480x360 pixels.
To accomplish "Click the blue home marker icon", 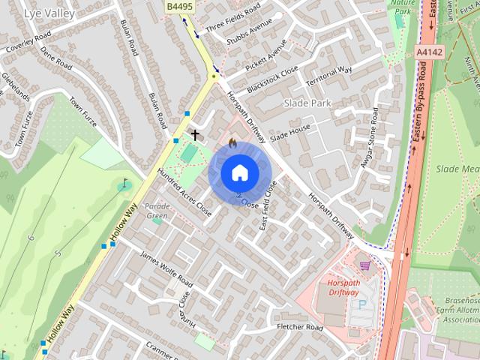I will [239, 172].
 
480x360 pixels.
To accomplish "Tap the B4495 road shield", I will [178, 6].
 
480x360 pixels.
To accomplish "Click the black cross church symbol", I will [196, 135].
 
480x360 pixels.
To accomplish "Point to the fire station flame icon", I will [232, 140].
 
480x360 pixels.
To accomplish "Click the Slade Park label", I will [308, 102].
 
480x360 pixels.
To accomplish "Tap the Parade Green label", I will [157, 211].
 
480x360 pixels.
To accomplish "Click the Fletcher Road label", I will [299, 328].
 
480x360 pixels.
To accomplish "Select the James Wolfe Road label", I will [166, 269].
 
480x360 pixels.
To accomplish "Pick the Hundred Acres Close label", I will [184, 193].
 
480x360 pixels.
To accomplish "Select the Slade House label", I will [290, 132].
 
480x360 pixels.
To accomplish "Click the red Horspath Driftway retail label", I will [344, 287].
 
